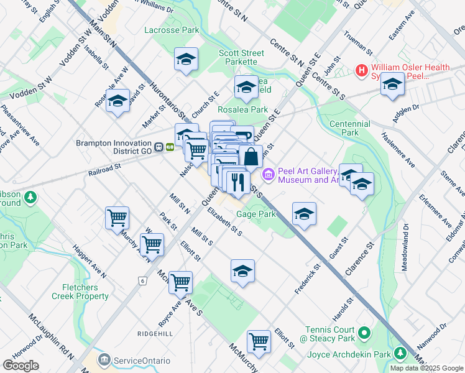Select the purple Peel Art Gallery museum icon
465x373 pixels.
click(x=269, y=175)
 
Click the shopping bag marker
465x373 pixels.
click(x=251, y=157)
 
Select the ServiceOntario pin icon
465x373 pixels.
click(x=104, y=360)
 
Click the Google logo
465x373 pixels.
click(x=21, y=366)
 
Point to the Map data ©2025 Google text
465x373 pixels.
click(x=426, y=368)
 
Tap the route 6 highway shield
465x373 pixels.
click(x=142, y=281)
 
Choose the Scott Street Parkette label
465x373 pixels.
click(x=238, y=58)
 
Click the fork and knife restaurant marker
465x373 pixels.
click(x=237, y=182)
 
